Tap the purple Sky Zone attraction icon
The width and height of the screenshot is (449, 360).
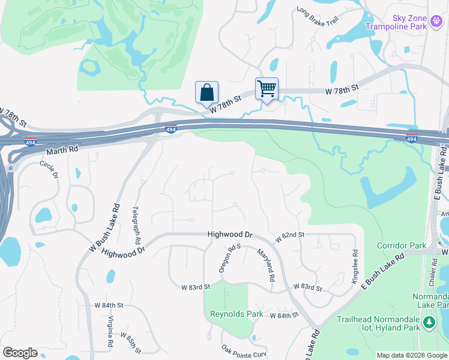tap(437, 23)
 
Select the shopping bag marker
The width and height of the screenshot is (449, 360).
tap(206, 92)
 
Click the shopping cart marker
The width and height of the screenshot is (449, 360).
tap(267, 89)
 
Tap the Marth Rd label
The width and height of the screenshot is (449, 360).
tap(62, 149)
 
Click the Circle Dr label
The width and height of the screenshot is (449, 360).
tap(49, 170)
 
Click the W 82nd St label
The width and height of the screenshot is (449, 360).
tap(291, 239)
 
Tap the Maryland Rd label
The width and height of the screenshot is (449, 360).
tap(266, 265)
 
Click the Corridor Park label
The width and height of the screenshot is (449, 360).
tap(401, 245)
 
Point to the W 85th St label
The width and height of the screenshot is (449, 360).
tap(131, 343)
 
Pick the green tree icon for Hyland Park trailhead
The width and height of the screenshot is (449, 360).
tap(429, 323)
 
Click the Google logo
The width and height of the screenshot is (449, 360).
tap(20, 353)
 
